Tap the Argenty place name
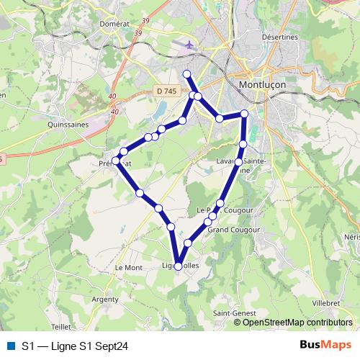(x=105, y=298)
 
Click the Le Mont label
(x=129, y=267)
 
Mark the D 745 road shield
(x=166, y=91)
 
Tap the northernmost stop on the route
(x=186, y=74)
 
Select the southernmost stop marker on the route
(x=179, y=266)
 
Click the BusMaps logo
(x=326, y=346)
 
